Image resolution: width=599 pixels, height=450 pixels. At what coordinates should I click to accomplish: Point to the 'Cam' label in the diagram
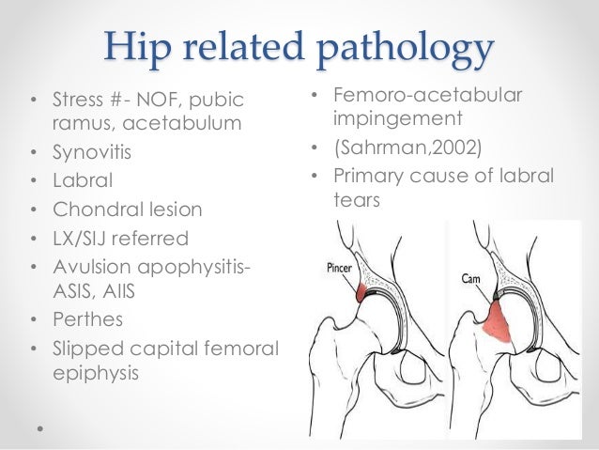(471, 277)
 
